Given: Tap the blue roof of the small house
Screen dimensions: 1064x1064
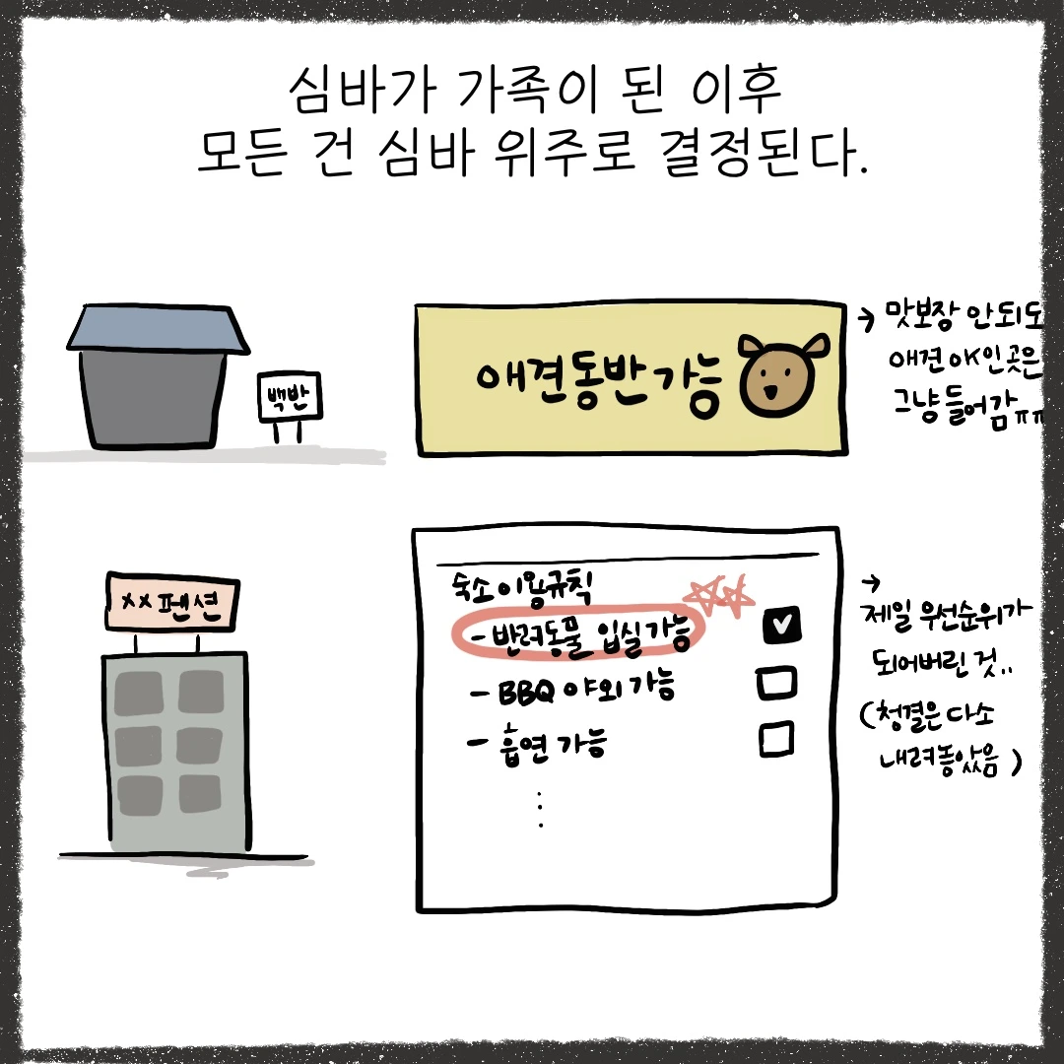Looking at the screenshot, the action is [158, 328].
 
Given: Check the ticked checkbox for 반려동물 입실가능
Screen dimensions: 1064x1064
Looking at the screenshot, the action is [780, 625].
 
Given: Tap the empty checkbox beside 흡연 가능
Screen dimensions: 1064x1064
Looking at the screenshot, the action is [777, 738].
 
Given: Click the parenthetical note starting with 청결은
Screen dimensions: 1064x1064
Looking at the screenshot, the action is [936, 736].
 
